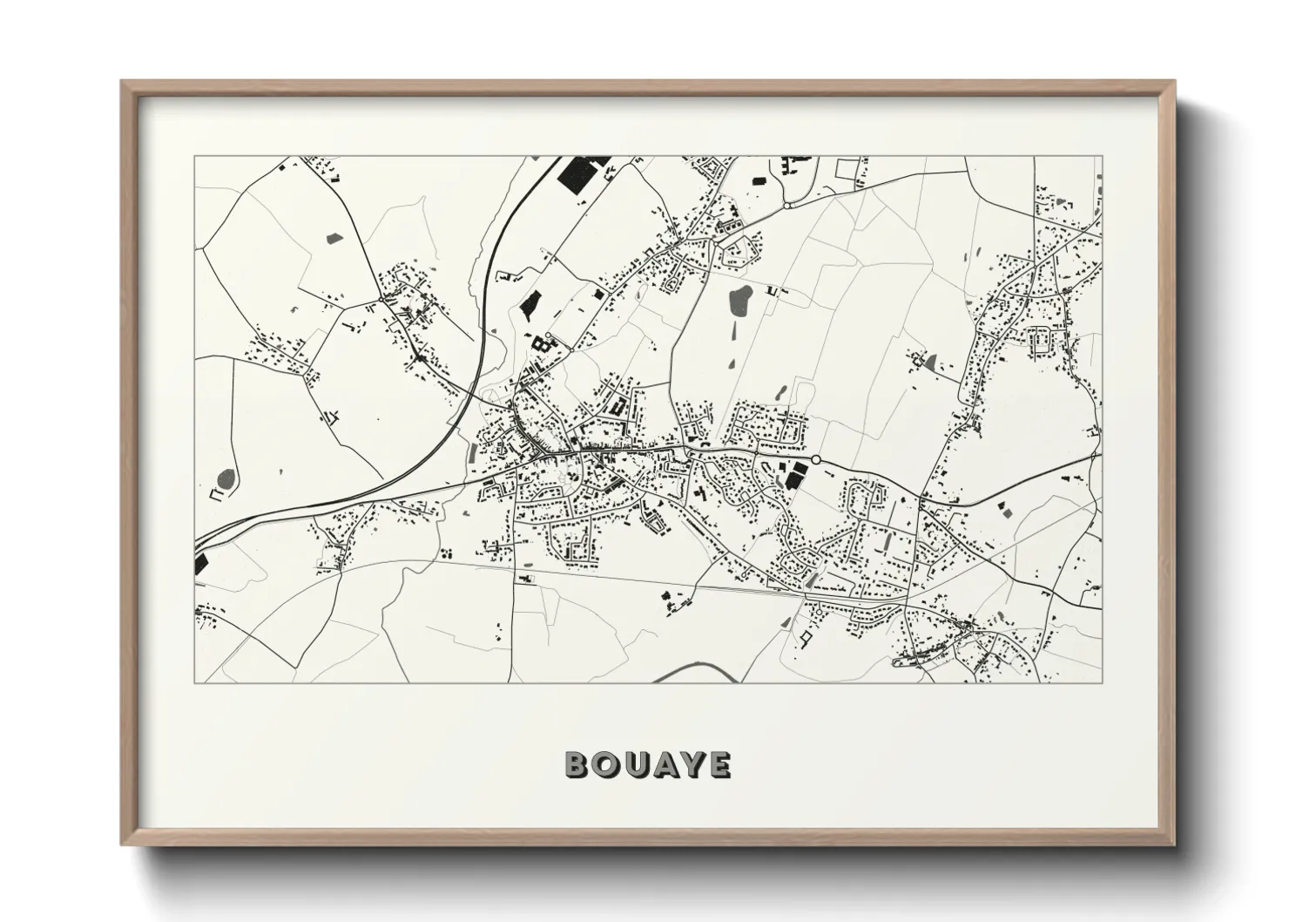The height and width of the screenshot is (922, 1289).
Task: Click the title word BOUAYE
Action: pyautogui.click(x=648, y=764)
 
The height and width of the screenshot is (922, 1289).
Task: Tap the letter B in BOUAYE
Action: pyautogui.click(x=577, y=764)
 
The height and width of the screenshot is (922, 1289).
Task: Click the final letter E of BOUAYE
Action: pyautogui.click(x=719, y=764)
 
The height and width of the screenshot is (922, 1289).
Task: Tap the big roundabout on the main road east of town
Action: pyautogui.click(x=816, y=459)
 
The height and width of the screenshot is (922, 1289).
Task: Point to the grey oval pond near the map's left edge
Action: pyautogui.click(x=226, y=478)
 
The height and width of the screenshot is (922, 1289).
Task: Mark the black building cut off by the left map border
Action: pyautogui.click(x=200, y=562)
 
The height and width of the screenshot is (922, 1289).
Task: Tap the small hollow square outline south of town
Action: pyautogui.click(x=804, y=640)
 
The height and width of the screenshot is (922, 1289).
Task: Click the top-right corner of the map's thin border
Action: pyautogui.click(x=1102, y=157)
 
